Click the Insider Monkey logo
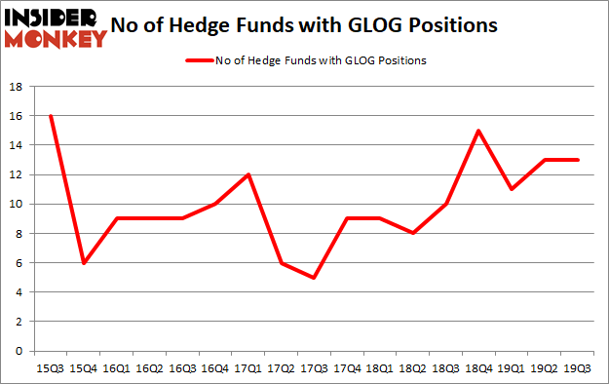pyautogui.click(x=56, y=26)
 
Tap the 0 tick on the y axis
pyautogui.click(x=19, y=351)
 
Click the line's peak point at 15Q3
pyautogui.click(x=49, y=116)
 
